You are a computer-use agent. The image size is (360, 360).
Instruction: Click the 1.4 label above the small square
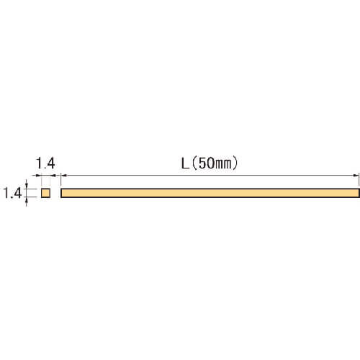[x=45, y=163]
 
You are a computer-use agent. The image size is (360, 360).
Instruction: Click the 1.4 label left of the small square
[x=12, y=193]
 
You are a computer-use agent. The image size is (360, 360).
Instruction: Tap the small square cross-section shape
[x=45, y=193]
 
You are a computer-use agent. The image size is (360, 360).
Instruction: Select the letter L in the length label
[x=185, y=163]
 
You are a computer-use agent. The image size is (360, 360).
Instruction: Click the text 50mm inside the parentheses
[x=215, y=163]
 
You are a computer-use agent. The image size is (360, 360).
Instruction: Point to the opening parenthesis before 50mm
[x=195, y=163]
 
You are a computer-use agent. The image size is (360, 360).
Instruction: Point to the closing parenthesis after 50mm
[x=235, y=163]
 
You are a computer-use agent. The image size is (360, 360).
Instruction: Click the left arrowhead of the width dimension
[x=38, y=176]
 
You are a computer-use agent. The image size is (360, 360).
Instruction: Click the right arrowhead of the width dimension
[x=53, y=176]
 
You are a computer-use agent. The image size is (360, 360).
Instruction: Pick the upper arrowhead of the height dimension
[x=27, y=186]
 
